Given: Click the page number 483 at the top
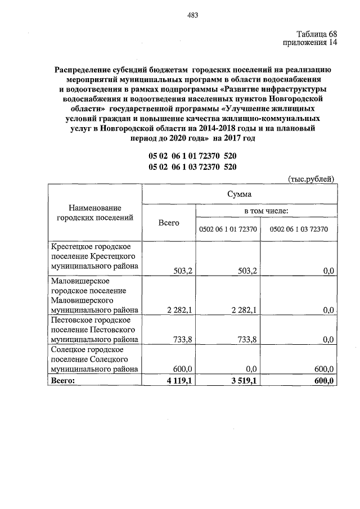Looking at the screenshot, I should (x=192, y=15).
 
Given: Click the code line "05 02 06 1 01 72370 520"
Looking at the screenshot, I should (x=192, y=156).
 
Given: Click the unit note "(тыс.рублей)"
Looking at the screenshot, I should (x=311, y=179).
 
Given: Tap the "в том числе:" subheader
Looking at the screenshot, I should (x=266, y=210).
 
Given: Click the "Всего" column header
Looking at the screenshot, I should (x=169, y=223).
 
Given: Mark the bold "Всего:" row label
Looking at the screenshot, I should (x=62, y=380).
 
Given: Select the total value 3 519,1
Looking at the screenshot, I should (x=243, y=381).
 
